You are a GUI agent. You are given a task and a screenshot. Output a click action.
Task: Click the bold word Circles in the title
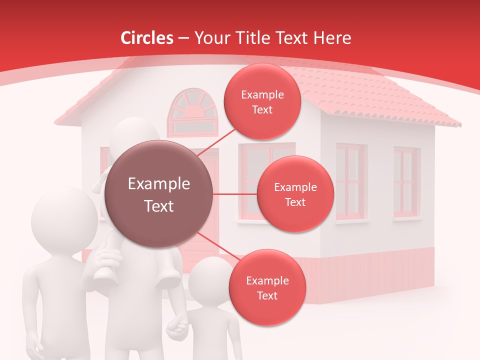pyautogui.click(x=147, y=37)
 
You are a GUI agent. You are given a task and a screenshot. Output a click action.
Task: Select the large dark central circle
pyautogui.click(x=159, y=194)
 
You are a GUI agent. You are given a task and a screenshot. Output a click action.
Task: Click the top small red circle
pyautogui.click(x=262, y=101)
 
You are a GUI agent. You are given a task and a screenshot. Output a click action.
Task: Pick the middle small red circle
pyautogui.click(x=295, y=194)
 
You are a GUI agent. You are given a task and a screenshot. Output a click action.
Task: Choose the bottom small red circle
pyautogui.click(x=267, y=287)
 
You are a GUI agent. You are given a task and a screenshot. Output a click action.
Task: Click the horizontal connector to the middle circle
pyautogui.click(x=234, y=194)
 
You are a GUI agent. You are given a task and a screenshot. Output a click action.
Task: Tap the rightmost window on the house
pyautogui.click(x=405, y=182)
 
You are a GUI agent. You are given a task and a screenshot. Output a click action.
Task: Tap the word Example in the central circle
pyautogui.click(x=159, y=184)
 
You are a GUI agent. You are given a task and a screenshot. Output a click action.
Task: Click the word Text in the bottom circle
pyautogui.click(x=267, y=295)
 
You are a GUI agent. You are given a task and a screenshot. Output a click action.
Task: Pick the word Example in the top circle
pyautogui.click(x=262, y=94)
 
